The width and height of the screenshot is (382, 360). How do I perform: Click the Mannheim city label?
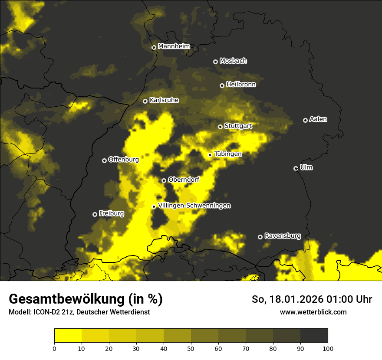[174, 46]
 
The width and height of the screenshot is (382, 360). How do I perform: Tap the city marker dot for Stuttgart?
[221, 127]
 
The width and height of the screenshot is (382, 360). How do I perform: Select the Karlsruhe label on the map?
[164, 100]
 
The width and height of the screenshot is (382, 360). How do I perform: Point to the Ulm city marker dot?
[296, 168]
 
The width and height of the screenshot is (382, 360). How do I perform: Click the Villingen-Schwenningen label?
[194, 206]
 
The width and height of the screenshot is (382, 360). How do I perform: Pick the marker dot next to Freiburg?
[95, 214]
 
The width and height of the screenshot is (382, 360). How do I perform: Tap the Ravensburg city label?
[282, 236]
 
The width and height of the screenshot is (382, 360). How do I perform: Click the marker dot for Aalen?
[306, 120]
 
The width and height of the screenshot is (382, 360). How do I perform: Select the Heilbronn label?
[241, 85]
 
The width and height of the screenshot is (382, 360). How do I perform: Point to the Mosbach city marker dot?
[215, 62]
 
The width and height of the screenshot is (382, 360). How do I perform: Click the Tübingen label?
[227, 154]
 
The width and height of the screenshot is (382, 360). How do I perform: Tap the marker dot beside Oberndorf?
[164, 180]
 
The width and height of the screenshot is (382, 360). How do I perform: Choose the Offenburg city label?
[123, 160]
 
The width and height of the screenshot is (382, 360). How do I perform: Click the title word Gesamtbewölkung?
[66, 299]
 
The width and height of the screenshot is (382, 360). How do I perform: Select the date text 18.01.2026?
[296, 299]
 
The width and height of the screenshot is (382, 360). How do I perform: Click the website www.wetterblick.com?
[313, 312]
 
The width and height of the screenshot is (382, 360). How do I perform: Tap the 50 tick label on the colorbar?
[191, 348]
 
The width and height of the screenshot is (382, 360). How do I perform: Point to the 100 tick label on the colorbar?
[327, 348]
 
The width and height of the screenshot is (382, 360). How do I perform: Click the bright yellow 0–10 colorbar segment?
[68, 336]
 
